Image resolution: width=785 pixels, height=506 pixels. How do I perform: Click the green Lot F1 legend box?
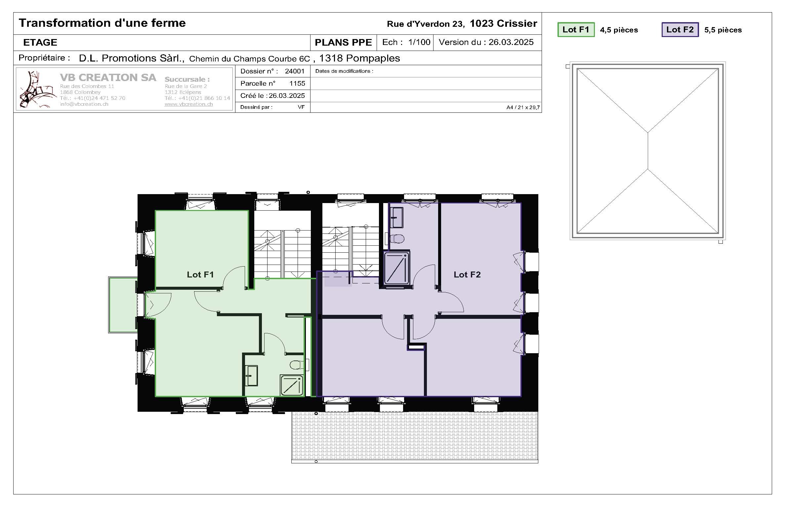tap(576, 30)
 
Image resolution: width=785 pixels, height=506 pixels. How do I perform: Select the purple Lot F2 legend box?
tap(680, 30)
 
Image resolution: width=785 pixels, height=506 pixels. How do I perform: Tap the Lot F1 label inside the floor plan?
tap(200, 274)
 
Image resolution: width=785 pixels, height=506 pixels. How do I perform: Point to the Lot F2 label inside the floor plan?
tap(467, 274)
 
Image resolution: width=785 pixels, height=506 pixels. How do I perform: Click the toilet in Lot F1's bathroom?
tap(297, 365)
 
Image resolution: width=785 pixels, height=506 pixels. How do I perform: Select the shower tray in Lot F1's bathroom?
tap(292, 385)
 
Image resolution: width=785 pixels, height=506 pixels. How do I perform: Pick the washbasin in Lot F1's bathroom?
tap(252, 375)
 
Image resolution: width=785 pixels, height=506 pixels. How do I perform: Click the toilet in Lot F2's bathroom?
tap(397, 238)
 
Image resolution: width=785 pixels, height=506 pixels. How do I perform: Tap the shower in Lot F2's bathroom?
tap(396, 268)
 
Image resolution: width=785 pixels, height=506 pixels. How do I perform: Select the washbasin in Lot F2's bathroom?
tap(396, 217)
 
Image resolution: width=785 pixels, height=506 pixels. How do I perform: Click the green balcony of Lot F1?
tap(123, 305)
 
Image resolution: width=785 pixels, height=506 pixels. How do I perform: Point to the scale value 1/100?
tap(419, 42)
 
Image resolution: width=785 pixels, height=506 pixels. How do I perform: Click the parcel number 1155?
tap(297, 83)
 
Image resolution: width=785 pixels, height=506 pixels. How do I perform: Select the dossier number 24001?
tap(294, 71)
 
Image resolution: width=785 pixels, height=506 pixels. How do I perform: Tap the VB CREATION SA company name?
tap(108, 77)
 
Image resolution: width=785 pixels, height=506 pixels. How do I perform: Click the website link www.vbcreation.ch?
tap(188, 104)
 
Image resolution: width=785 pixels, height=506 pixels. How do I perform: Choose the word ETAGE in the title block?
tap(40, 42)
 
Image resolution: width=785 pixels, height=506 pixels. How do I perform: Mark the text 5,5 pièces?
tap(723, 30)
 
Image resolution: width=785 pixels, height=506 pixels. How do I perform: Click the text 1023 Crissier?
tap(503, 23)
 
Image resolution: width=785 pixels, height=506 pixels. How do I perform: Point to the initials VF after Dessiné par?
tap(301, 107)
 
